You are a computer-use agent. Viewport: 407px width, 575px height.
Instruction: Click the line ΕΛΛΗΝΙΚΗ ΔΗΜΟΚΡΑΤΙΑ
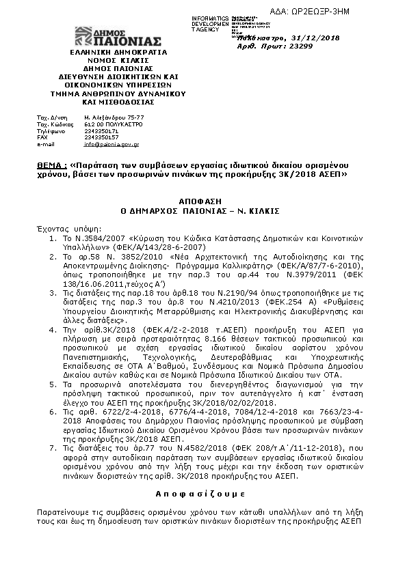point(118,52)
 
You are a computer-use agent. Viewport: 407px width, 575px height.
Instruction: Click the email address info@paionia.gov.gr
point(111,145)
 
